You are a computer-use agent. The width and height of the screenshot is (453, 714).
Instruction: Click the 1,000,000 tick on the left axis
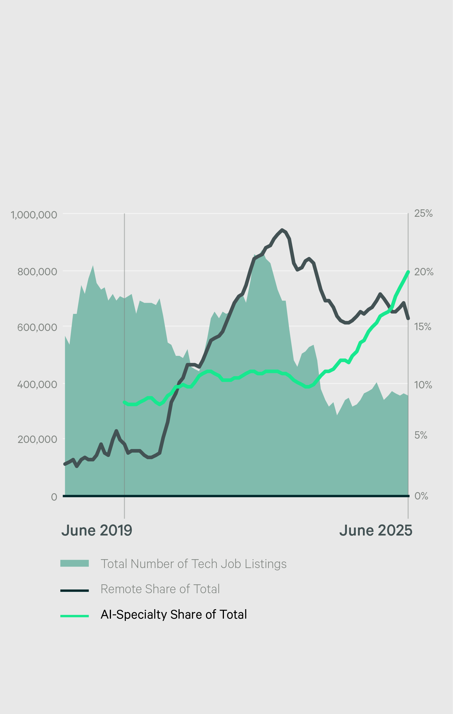34,215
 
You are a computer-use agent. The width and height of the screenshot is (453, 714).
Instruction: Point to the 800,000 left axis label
37,272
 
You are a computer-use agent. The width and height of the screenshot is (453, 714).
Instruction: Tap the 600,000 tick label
37,327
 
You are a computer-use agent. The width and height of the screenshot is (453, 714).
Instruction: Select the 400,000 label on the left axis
37,384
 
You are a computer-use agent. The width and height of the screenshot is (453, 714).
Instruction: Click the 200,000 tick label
37,439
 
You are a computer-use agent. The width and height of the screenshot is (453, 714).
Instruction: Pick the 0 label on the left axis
54,497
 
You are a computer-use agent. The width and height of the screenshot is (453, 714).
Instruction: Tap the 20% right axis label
424,272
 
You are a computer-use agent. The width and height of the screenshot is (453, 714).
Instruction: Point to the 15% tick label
423,327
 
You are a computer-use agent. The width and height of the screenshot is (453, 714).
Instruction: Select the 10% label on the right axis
423,385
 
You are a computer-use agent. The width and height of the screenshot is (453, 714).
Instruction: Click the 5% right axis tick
421,435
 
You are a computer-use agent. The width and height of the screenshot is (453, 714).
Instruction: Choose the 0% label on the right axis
421,496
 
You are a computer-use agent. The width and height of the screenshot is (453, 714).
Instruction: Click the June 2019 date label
97,530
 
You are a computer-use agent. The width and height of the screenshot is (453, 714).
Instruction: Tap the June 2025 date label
375,530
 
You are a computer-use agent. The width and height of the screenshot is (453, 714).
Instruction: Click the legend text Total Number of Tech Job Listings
194,564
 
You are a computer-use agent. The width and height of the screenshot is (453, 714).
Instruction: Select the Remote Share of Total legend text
160,589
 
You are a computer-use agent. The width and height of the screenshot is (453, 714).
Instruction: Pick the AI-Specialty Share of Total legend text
174,614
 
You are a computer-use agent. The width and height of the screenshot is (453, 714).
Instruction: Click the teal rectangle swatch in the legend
75,563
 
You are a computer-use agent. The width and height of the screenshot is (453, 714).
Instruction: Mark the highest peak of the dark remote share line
282,230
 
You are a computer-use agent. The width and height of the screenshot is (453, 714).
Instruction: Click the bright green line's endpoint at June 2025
408,272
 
